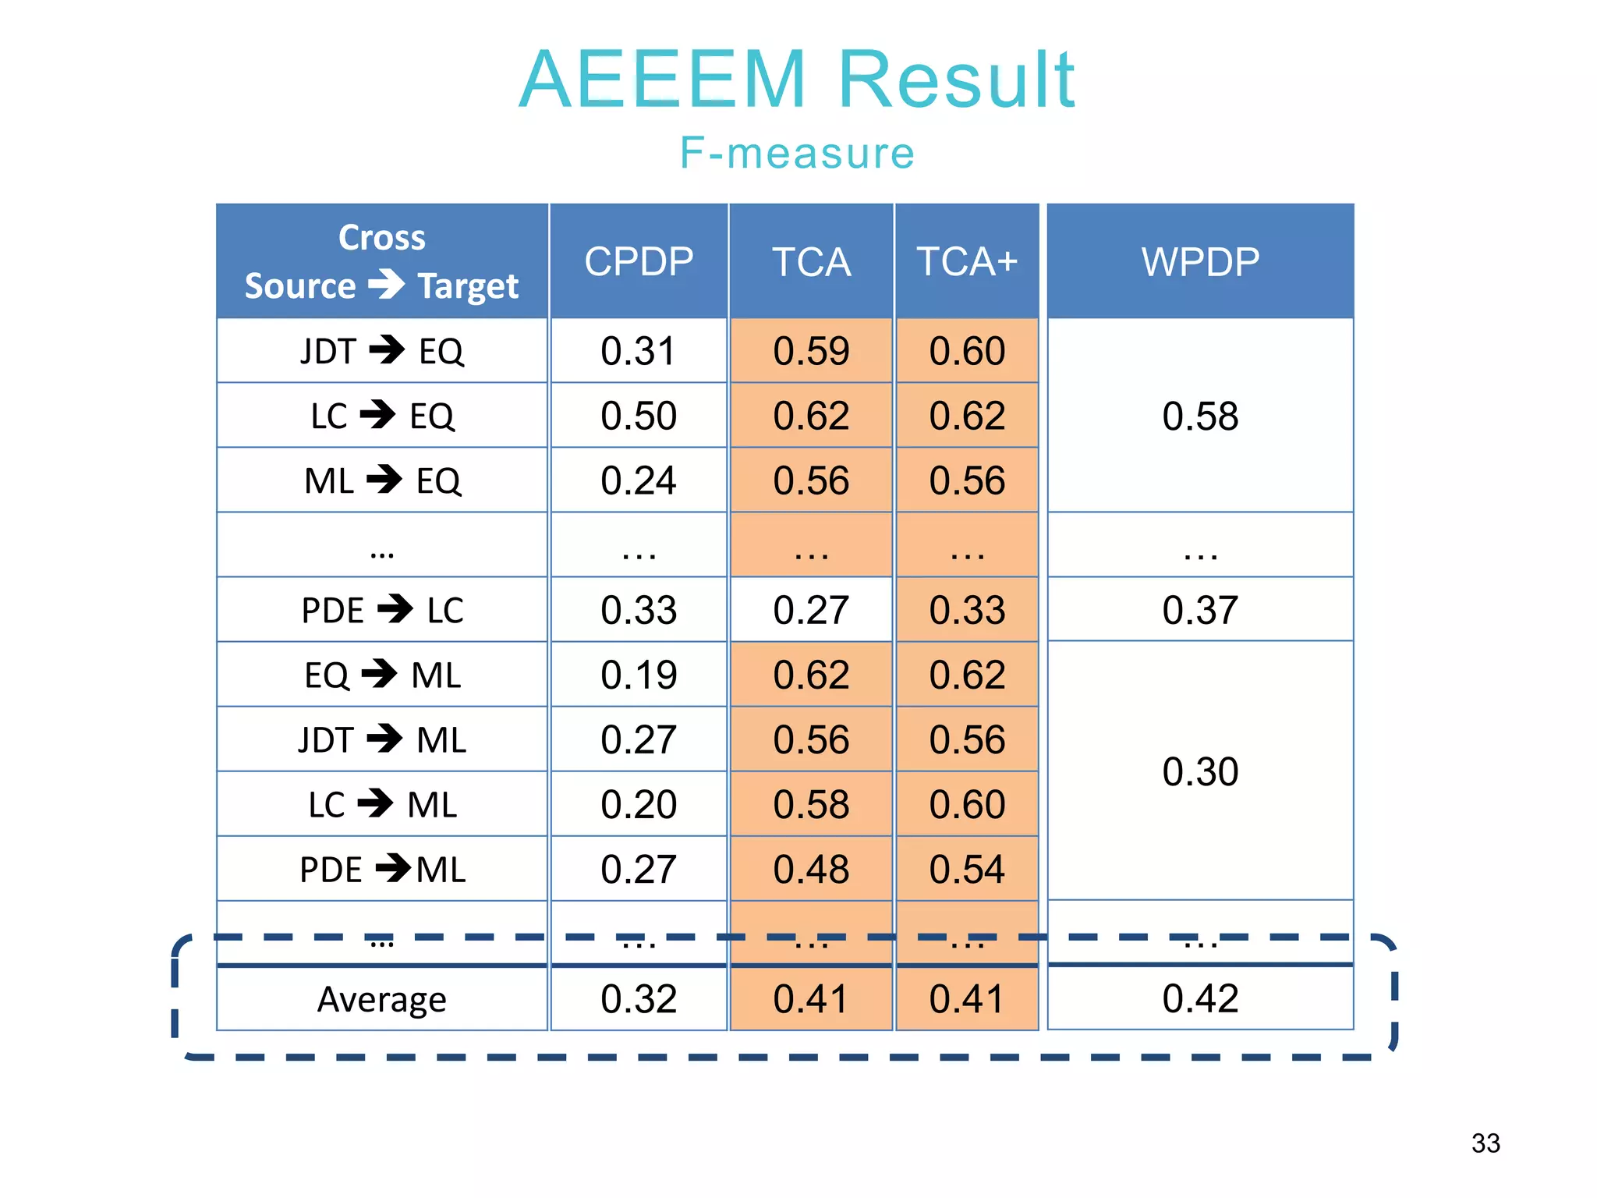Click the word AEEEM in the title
click(x=663, y=80)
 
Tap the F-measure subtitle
click(x=797, y=152)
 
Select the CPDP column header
click(x=639, y=261)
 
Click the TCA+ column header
click(x=967, y=261)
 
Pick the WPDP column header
click(x=1200, y=261)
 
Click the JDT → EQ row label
click(x=382, y=351)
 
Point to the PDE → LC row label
click(x=382, y=610)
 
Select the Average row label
click(x=382, y=999)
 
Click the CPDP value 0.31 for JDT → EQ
click(x=639, y=351)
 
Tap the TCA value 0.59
click(x=811, y=351)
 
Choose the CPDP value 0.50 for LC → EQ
click(x=639, y=416)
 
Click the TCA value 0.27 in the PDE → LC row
click(x=811, y=610)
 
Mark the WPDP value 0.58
click(x=1200, y=416)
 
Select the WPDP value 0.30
click(x=1200, y=771)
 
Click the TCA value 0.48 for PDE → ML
click(x=811, y=869)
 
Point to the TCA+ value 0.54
click(x=967, y=869)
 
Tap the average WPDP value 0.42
click(x=1200, y=998)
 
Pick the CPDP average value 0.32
click(x=639, y=999)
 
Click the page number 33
click(x=1485, y=1143)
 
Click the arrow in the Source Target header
click(x=387, y=284)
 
